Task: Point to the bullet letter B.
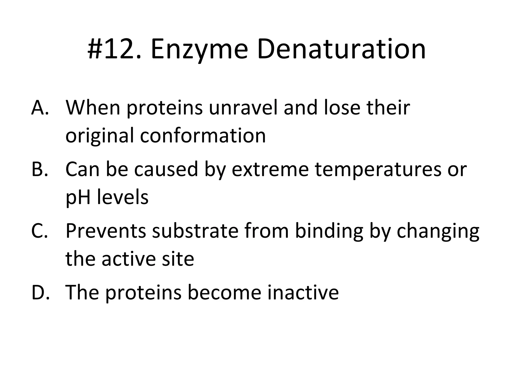tap(40, 169)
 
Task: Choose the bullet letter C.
tap(40, 231)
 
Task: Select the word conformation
tap(203, 136)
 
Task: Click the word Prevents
tap(106, 231)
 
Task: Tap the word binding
tap(329, 231)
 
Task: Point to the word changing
tap(438, 231)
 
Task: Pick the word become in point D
tap(224, 292)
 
